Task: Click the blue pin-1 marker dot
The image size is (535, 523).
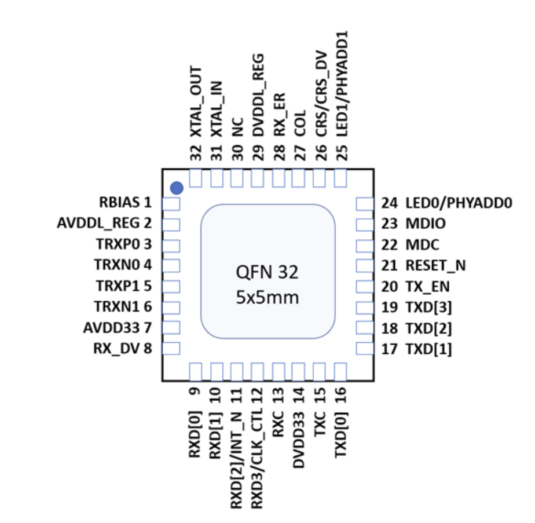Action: pyautogui.click(x=177, y=188)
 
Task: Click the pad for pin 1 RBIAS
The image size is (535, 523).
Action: pyautogui.click(x=171, y=203)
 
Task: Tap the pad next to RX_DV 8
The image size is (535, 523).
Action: pyautogui.click(x=171, y=349)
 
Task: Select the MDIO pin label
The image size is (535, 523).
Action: pyautogui.click(x=426, y=224)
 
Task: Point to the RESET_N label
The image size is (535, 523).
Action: pyautogui.click(x=435, y=265)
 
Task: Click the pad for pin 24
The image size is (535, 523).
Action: pyautogui.click(x=364, y=203)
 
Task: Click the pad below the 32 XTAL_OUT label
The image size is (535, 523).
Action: pyautogui.click(x=196, y=178)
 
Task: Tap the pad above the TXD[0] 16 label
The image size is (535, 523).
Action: pyautogui.click(x=340, y=371)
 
